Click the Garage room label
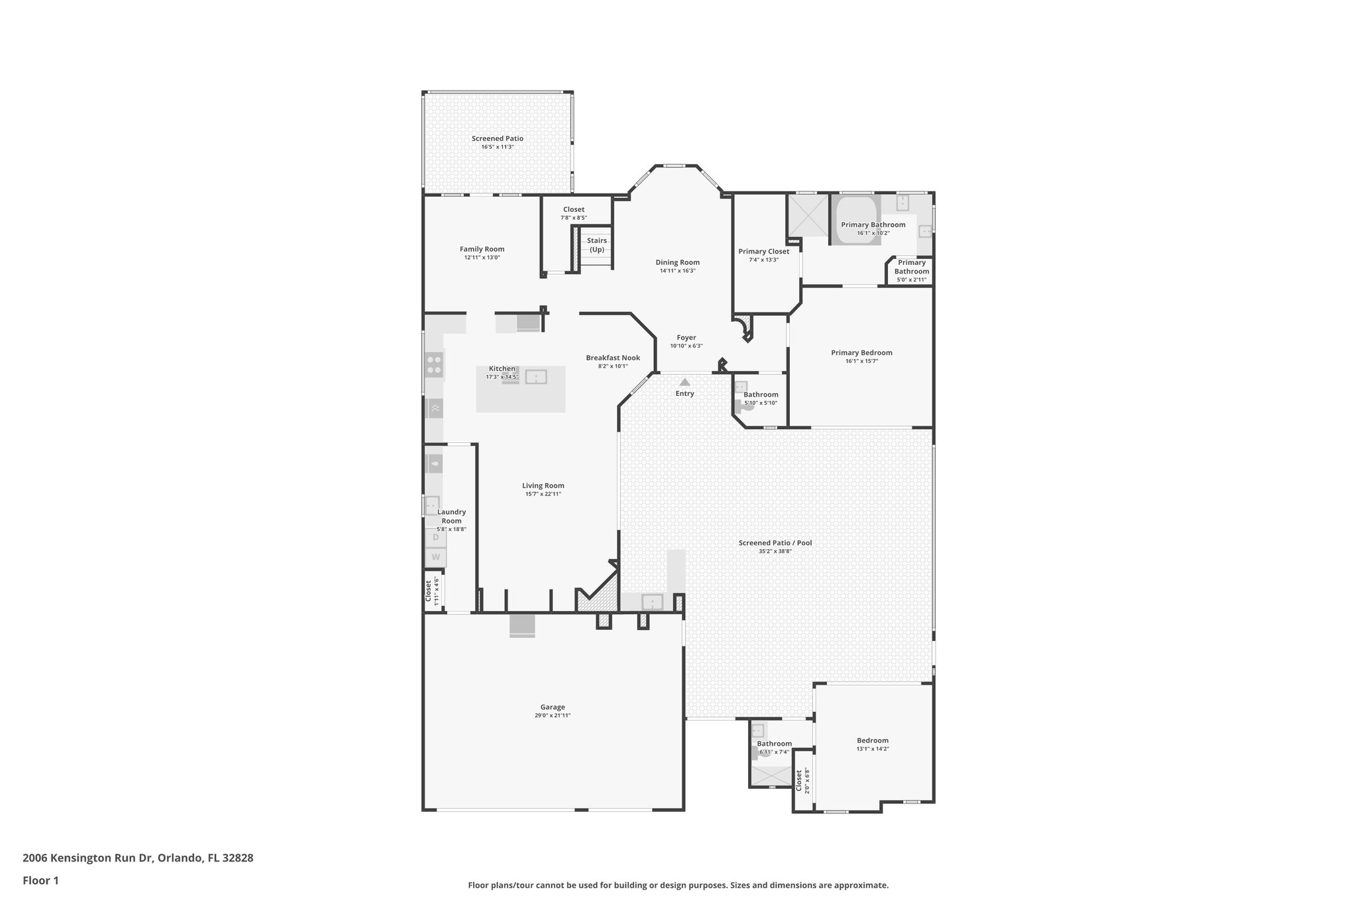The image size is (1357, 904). tap(552, 707)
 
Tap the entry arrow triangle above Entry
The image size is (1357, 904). tap(684, 382)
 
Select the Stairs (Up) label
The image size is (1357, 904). tap(596, 245)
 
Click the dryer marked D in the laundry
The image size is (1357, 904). tap(435, 537)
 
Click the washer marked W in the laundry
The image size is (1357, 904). tap(435, 557)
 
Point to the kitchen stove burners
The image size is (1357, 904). tap(435, 365)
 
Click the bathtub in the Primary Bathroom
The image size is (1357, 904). tap(855, 221)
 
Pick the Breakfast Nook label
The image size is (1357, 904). tap(612, 358)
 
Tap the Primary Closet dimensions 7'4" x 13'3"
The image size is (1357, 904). tap(763, 260)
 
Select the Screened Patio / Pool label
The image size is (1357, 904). tap(775, 542)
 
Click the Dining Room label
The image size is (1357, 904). tap(677, 262)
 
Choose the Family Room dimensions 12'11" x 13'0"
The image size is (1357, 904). tap(482, 258)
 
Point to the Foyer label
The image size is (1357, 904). tap(686, 338)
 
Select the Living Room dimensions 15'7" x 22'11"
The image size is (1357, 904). tap(543, 494)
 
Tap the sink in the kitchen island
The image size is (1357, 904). tap(535, 377)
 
